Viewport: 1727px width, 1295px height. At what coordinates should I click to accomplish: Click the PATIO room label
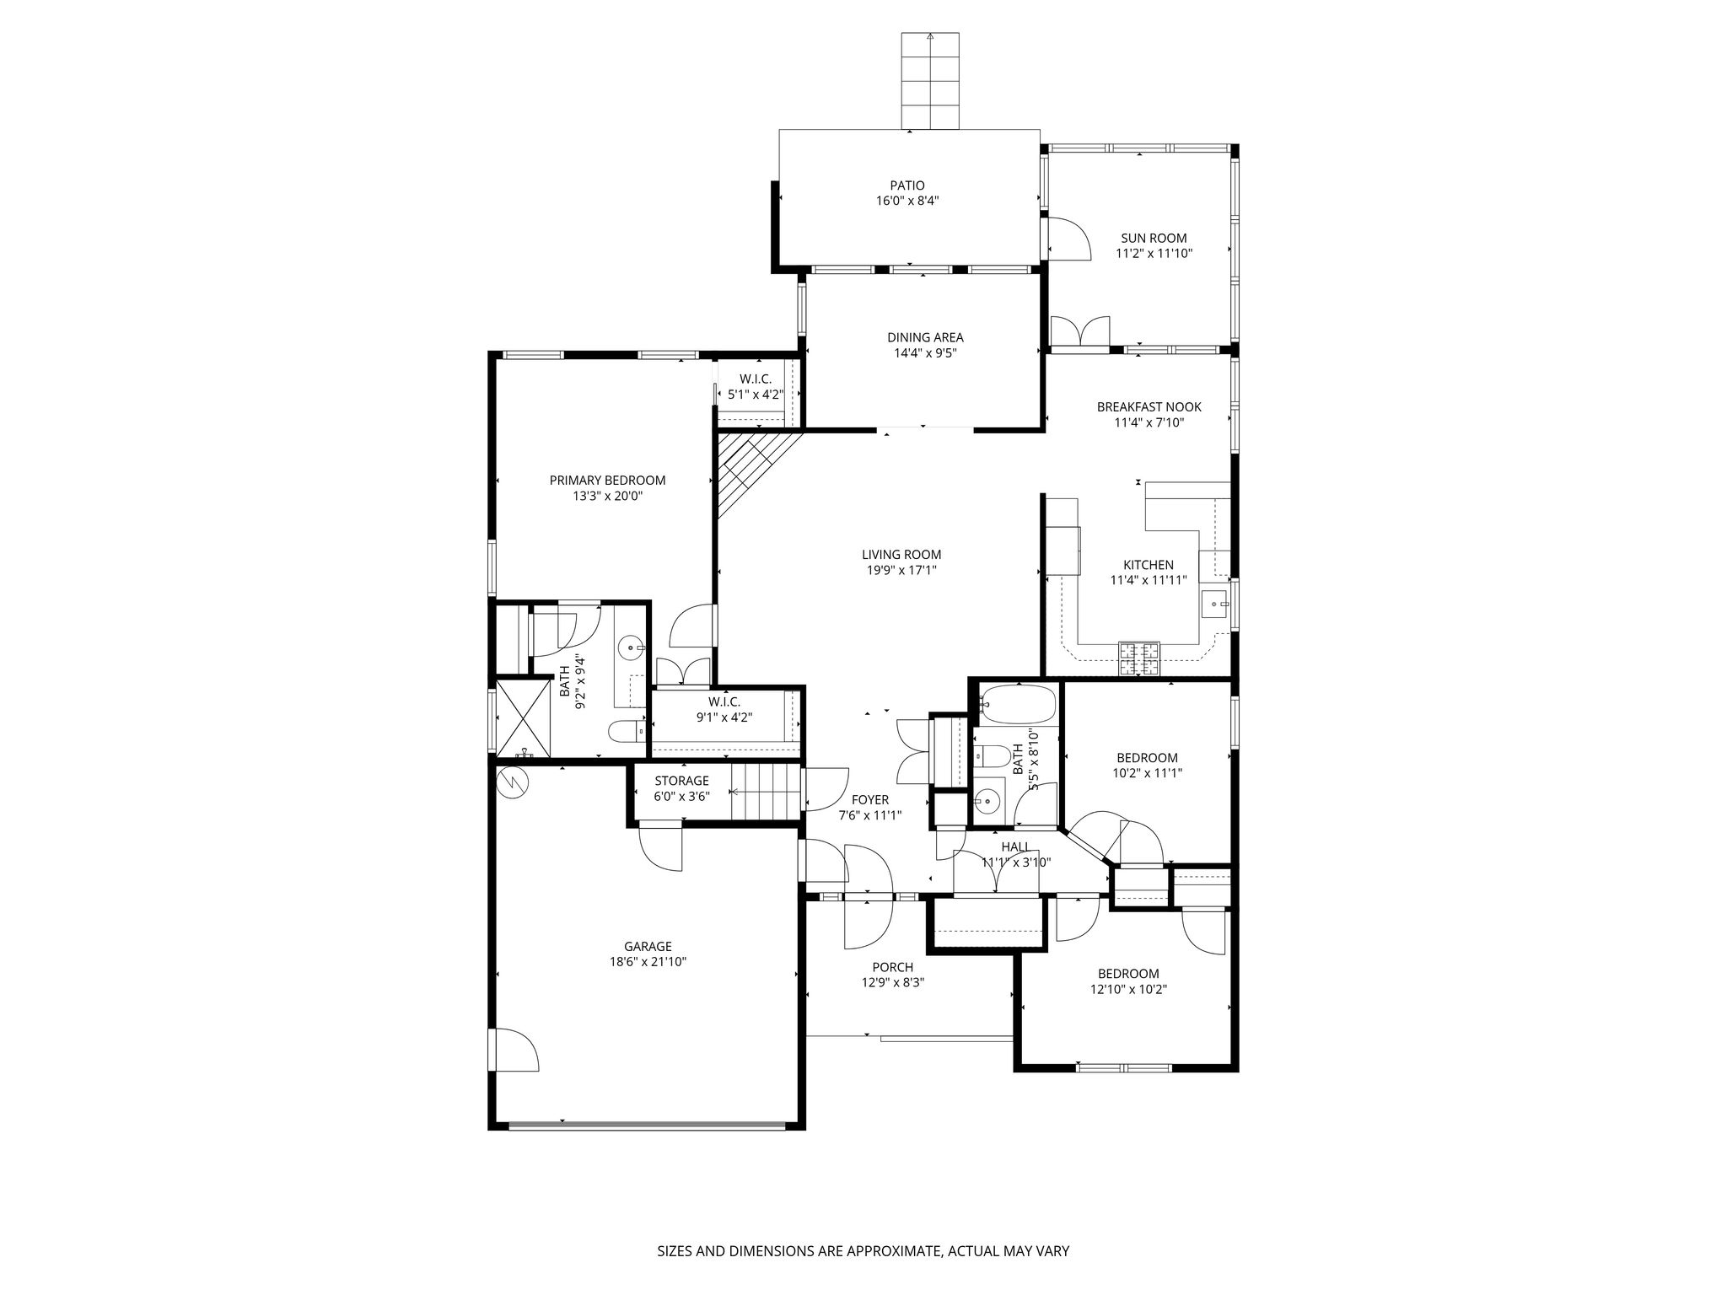907,185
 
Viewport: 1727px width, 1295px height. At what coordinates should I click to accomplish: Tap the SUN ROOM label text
1153,238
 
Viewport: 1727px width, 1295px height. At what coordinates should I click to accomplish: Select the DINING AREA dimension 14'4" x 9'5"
925,353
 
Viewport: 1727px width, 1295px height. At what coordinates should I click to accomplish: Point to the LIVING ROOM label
901,555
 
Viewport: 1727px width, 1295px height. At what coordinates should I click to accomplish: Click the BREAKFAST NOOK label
1149,407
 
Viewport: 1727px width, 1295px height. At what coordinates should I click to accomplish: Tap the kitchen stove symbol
1139,658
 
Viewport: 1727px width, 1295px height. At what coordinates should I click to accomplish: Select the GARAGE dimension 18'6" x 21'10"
648,961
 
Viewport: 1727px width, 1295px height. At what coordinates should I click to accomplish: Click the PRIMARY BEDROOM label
607,481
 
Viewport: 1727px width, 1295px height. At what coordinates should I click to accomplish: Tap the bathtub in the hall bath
1018,705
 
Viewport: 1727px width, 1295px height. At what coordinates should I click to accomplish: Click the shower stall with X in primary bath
523,717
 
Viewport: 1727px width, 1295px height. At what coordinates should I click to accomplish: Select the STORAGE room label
681,781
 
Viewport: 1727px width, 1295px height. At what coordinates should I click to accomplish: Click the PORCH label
892,967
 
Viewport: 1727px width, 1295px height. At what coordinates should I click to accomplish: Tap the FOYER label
869,800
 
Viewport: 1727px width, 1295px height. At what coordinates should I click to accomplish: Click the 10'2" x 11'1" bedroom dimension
1147,772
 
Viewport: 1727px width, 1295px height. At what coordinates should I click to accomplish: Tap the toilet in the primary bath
626,731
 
